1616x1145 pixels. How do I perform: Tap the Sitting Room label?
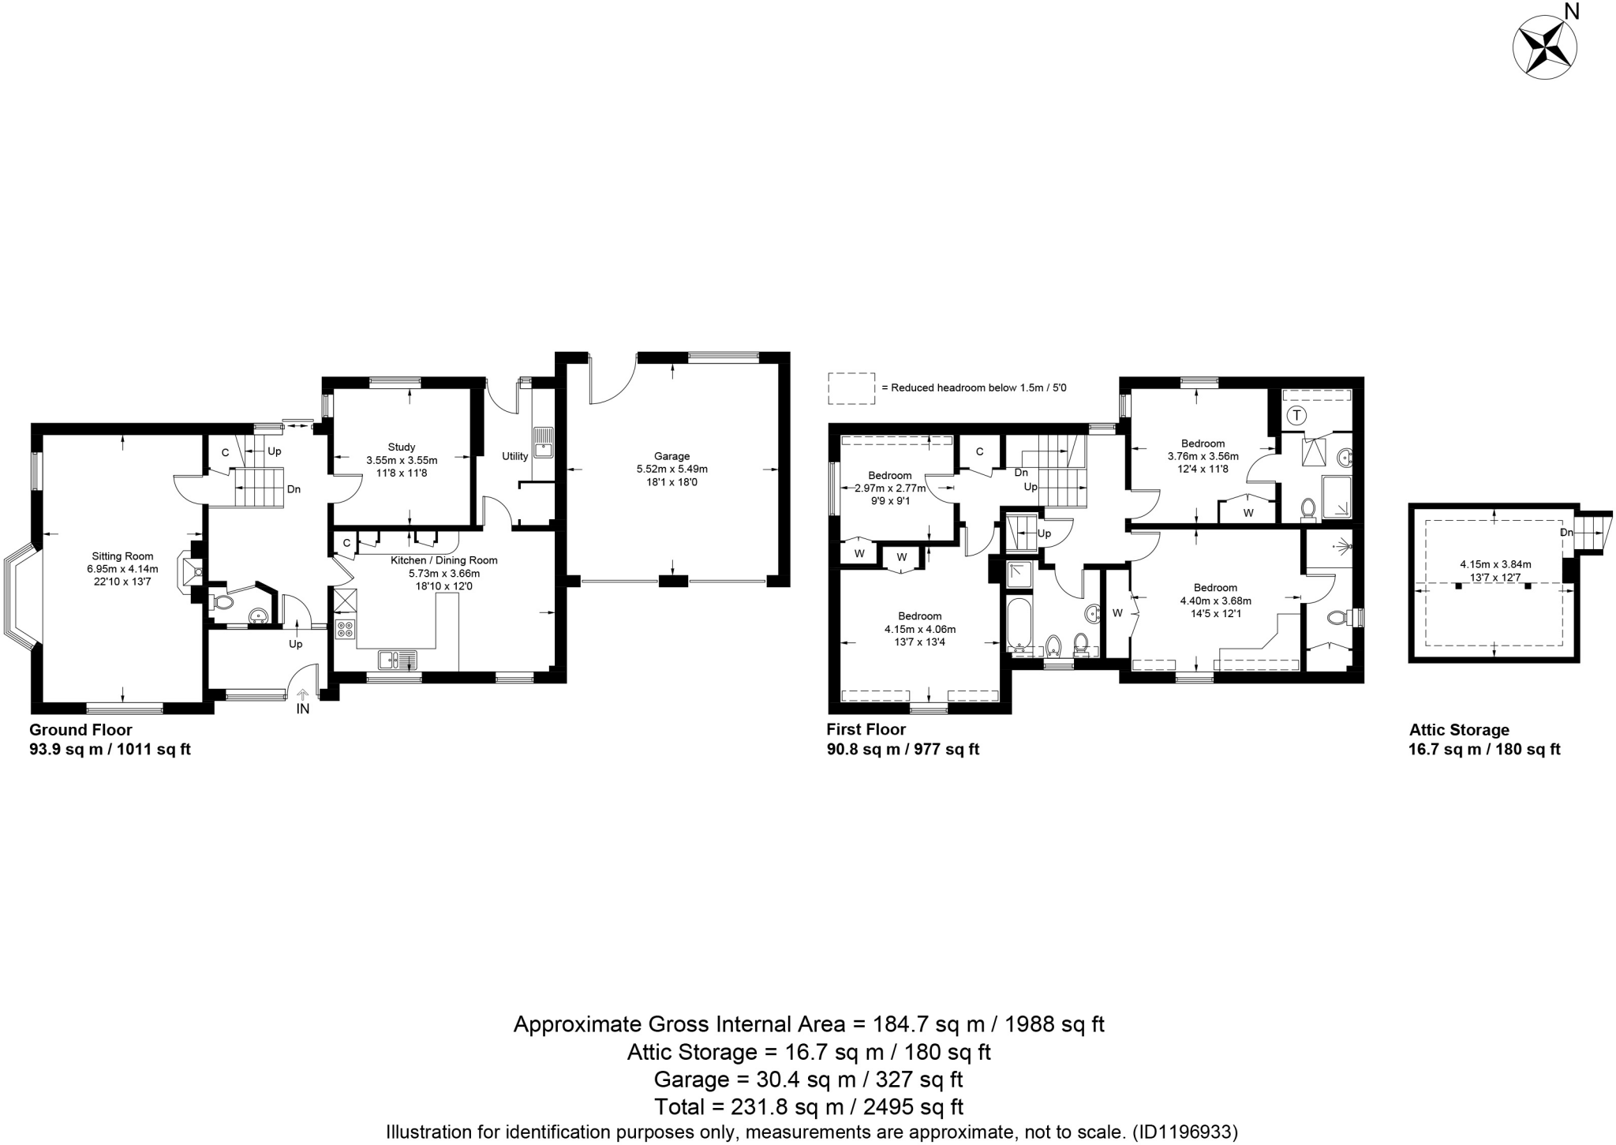(x=122, y=556)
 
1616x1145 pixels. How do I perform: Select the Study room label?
(x=402, y=447)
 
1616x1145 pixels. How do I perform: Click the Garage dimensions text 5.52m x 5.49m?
(x=671, y=469)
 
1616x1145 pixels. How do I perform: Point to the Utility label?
(x=514, y=457)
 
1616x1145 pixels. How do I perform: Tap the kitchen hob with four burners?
(x=346, y=629)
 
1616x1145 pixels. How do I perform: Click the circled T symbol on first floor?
(x=1296, y=415)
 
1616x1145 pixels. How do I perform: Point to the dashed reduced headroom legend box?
(x=851, y=388)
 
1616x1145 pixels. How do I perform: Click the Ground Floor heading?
(x=80, y=730)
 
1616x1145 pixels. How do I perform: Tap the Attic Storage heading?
(x=1459, y=730)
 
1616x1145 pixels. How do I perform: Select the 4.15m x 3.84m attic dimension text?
(x=1494, y=564)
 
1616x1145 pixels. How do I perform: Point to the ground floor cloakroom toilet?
(x=224, y=603)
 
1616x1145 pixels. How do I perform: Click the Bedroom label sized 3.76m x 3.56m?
(x=1202, y=443)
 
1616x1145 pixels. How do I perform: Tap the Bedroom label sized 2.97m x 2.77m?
(x=889, y=476)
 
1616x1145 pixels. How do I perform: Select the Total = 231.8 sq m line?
(x=808, y=1107)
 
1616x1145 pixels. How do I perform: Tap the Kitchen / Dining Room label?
(x=444, y=560)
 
